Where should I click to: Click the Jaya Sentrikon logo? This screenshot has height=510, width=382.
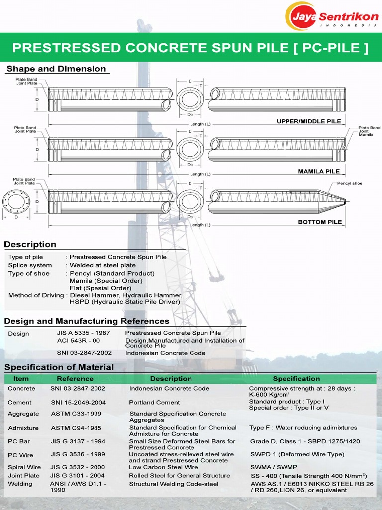(331, 16)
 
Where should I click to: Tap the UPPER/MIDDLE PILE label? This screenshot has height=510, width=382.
(308, 121)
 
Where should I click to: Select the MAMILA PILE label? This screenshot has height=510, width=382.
(319, 171)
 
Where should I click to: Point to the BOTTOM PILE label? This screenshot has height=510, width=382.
(320, 222)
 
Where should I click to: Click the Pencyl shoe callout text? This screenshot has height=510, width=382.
(349, 183)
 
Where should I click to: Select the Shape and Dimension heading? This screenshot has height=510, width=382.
(56, 69)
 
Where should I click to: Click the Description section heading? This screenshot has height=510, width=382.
(30, 244)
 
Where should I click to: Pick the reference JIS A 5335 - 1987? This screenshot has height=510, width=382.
(84, 333)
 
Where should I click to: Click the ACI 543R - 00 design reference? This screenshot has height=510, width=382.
(79, 341)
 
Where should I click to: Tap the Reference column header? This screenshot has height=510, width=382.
(75, 379)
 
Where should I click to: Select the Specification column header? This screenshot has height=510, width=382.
(296, 379)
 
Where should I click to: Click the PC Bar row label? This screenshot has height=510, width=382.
(19, 441)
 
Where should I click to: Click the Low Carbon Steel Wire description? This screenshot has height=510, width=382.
(164, 467)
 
